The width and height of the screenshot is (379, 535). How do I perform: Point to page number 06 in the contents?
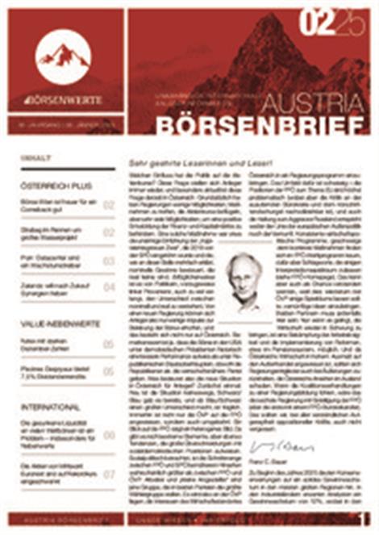point(108,435)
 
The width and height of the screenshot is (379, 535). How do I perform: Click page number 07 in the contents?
point(108,474)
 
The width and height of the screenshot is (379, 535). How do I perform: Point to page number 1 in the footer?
point(365,515)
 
